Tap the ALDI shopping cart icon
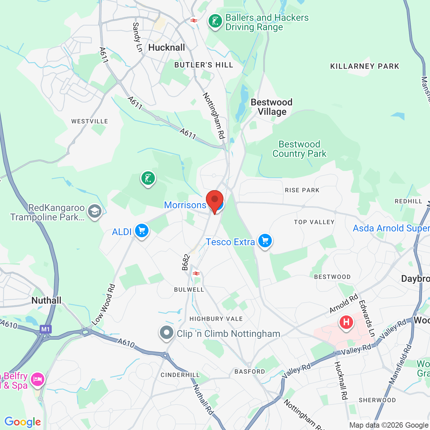pyautogui.click(x=141, y=231)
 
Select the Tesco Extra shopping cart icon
pyautogui.click(x=265, y=241)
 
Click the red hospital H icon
pyautogui.click(x=346, y=322)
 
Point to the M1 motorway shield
pyautogui.click(x=45, y=329)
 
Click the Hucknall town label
pyautogui.click(x=167, y=47)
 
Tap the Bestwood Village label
pyautogui.click(x=271, y=107)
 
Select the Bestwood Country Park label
pyautogui.click(x=299, y=149)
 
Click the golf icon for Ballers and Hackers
pyautogui.click(x=215, y=21)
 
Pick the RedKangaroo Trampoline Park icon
pyautogui.click(x=95, y=211)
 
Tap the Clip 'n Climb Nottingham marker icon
pyautogui.click(x=166, y=333)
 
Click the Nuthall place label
pyautogui.click(x=46, y=300)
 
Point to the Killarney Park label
pyautogui.click(x=364, y=66)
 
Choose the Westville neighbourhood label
pyautogui.click(x=90, y=121)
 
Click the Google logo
pyautogui.click(x=23, y=422)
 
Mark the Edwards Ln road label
pyautogui.click(x=367, y=318)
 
